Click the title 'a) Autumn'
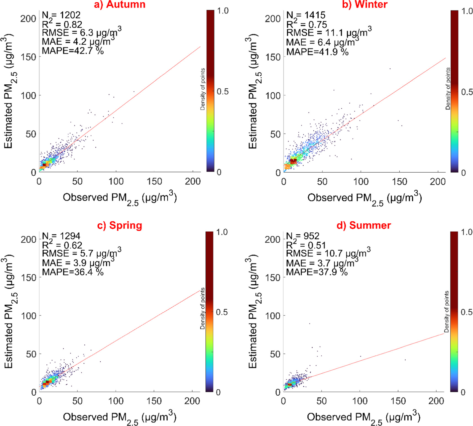tap(119, 4)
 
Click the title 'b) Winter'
tap(364, 4)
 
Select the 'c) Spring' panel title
tap(119, 225)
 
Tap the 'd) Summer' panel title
tap(364, 225)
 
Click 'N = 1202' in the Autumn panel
tap(61, 15)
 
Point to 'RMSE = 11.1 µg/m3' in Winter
tap(328, 33)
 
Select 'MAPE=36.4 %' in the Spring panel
tap(73, 272)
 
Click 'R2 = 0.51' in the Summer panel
tap(306, 245)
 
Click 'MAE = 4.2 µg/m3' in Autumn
tap(77, 42)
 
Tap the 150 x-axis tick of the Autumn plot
tap(154, 181)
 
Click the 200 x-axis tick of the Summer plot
tap(436, 401)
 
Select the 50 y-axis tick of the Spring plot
tap(31, 354)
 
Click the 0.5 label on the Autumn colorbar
tap(222, 92)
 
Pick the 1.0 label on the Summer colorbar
tap(467, 232)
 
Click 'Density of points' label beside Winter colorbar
tap(448, 89)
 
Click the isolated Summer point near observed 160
tap(405, 360)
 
